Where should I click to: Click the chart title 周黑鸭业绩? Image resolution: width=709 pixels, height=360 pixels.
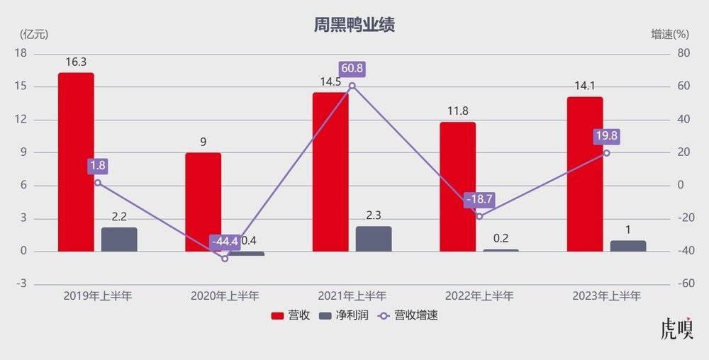coord(354,26)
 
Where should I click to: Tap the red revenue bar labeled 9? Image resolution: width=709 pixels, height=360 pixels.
coord(203,202)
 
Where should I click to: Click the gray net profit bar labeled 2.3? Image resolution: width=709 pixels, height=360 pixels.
coord(374,239)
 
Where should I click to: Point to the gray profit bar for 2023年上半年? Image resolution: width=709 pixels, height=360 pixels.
coord(628,246)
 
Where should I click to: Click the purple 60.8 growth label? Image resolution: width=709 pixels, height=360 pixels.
coord(352,69)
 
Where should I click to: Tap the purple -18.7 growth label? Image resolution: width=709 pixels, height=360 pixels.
coord(479,200)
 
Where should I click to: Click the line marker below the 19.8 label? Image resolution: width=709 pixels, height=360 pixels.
coord(606,153)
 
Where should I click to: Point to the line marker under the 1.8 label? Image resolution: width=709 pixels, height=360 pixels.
coord(98,183)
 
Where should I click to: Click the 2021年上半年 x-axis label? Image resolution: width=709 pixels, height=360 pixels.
coord(352,296)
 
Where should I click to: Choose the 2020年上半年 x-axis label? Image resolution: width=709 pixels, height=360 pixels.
coord(225,296)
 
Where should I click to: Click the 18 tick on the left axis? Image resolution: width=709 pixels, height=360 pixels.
coord(21,54)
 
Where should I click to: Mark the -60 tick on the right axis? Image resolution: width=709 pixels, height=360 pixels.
coord(683,283)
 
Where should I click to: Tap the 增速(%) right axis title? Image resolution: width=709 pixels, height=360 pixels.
coord(670,34)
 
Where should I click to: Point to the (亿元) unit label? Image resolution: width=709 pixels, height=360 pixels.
coord(34,34)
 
